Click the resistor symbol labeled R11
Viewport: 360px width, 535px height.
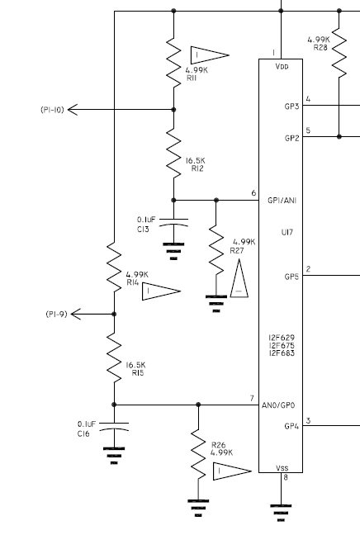click(x=173, y=58)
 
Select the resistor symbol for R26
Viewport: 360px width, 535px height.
click(x=197, y=455)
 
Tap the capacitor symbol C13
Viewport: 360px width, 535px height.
click(x=173, y=222)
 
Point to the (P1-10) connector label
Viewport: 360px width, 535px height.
click(x=52, y=109)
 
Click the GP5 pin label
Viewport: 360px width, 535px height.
click(x=291, y=277)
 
